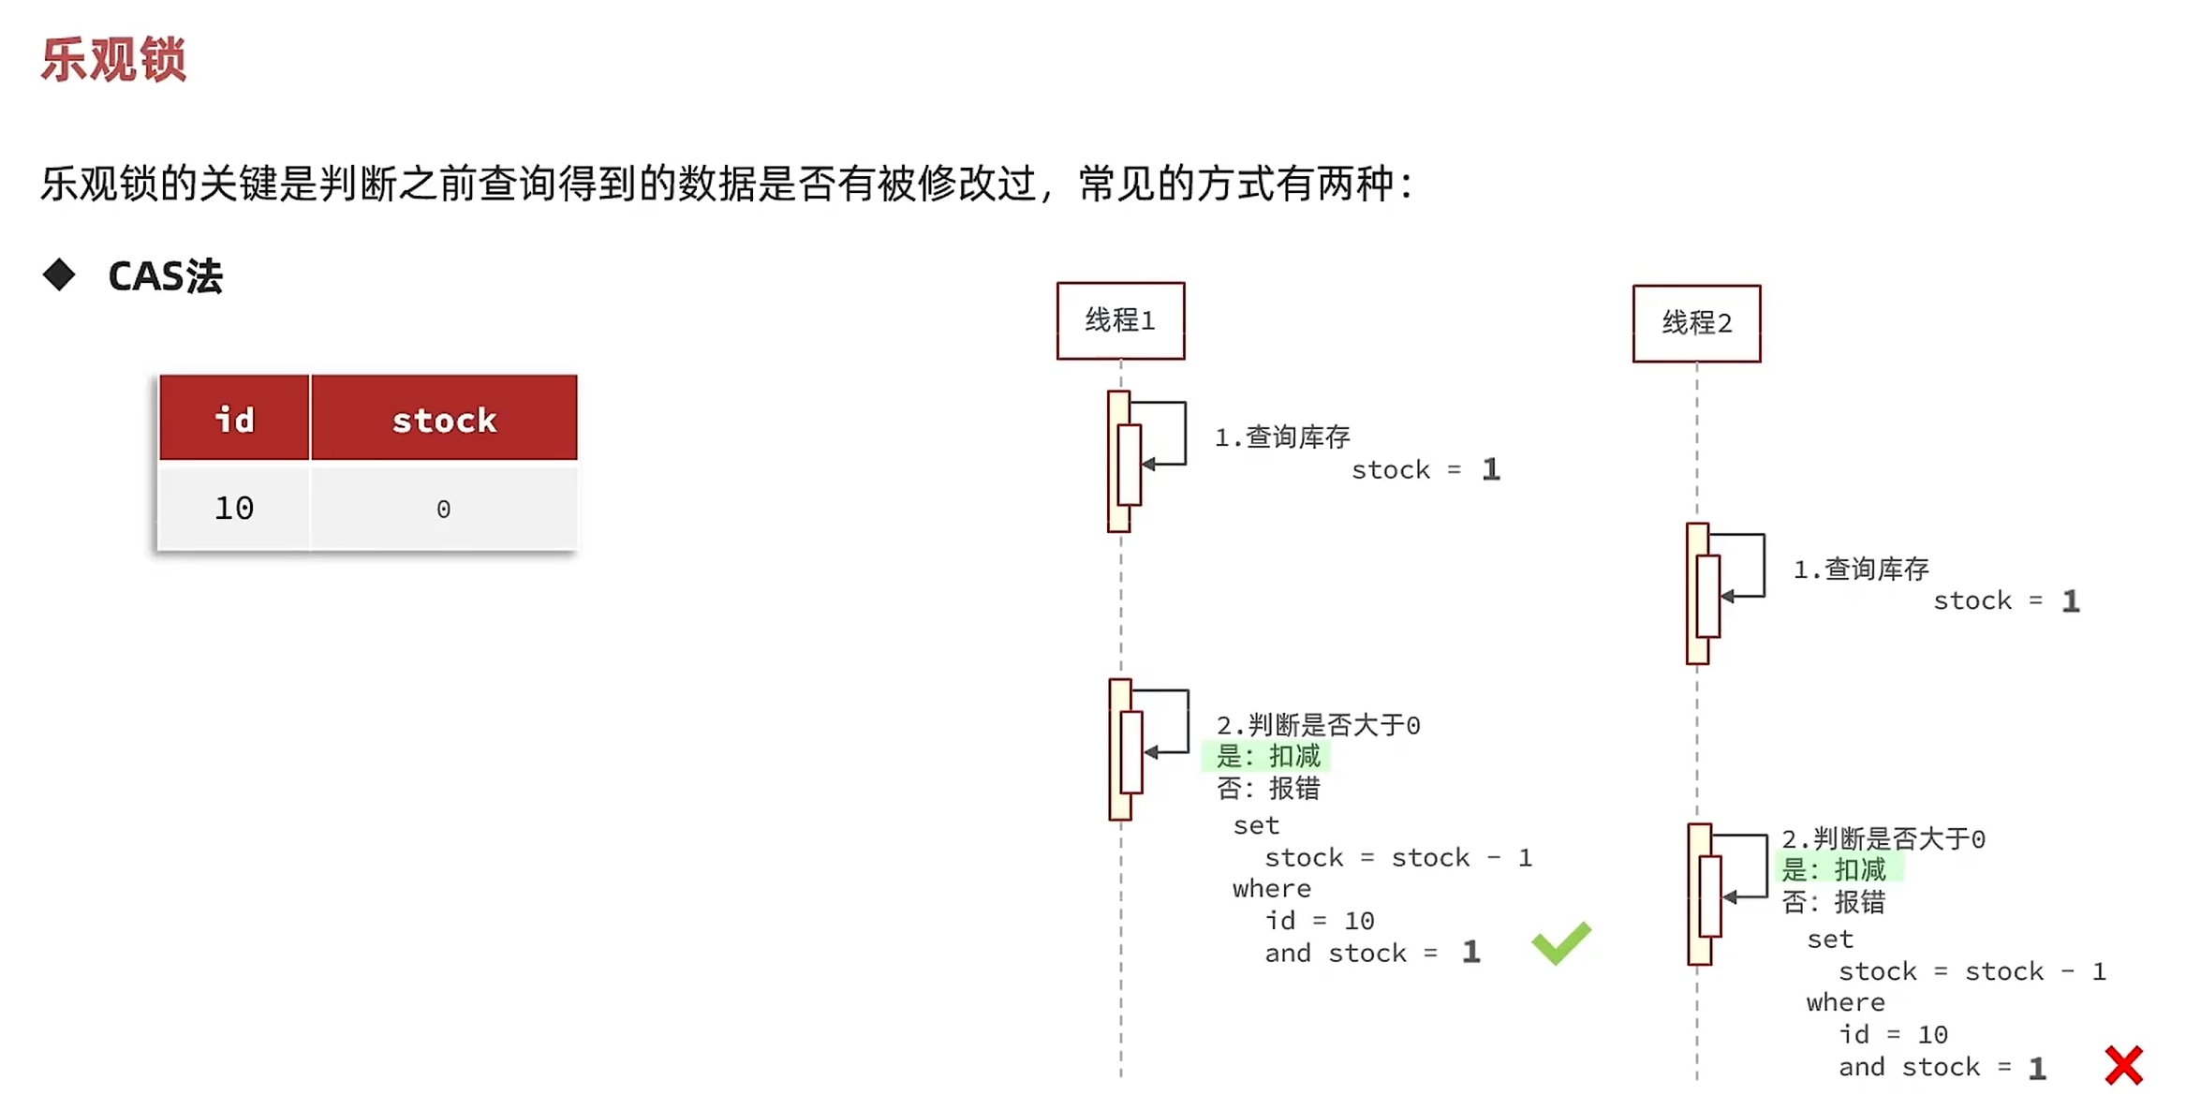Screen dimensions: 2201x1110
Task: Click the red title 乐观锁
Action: [113, 60]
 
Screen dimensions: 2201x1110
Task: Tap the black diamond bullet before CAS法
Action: [59, 274]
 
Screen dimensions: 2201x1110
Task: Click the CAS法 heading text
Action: [165, 276]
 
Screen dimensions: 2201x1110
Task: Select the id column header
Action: [234, 419]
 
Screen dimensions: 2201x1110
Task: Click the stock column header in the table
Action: [444, 419]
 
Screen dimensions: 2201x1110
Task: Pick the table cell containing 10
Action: [234, 508]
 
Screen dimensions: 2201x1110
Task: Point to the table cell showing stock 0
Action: [444, 509]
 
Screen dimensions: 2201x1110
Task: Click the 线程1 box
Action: [1120, 320]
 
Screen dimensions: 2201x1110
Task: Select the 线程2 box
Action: [1696, 323]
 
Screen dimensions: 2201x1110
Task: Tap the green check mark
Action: [1560, 942]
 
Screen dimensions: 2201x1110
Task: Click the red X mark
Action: [2123, 1065]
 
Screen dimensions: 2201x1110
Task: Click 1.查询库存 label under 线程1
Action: [1282, 437]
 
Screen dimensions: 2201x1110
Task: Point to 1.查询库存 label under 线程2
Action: [1861, 569]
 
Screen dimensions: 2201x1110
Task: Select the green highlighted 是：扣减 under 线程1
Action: [1268, 756]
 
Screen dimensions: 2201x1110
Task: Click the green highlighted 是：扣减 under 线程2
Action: [1834, 869]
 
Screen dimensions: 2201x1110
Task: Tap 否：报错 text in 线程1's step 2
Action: [1268, 789]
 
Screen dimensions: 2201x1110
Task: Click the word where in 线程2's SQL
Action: [1845, 1002]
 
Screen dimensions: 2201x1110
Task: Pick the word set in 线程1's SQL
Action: [1256, 825]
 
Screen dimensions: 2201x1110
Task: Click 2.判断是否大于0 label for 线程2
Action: [1883, 838]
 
